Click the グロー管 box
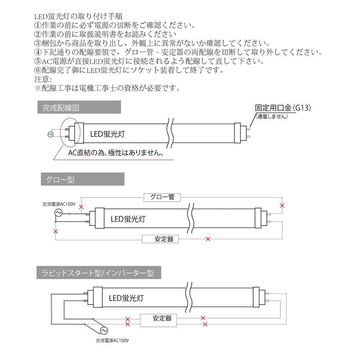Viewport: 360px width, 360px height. [162, 197]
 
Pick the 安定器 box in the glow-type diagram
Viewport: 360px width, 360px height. [160, 239]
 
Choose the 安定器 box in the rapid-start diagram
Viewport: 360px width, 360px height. [162, 318]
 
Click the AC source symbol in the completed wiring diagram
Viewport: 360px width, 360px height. [51, 134]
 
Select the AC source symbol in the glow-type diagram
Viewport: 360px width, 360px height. [57, 213]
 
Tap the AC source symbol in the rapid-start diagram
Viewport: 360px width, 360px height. [104, 331]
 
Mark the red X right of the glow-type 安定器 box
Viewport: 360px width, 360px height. [207, 239]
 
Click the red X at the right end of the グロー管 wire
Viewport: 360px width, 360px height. [282, 206]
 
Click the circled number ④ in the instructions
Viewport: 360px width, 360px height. [38, 52]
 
